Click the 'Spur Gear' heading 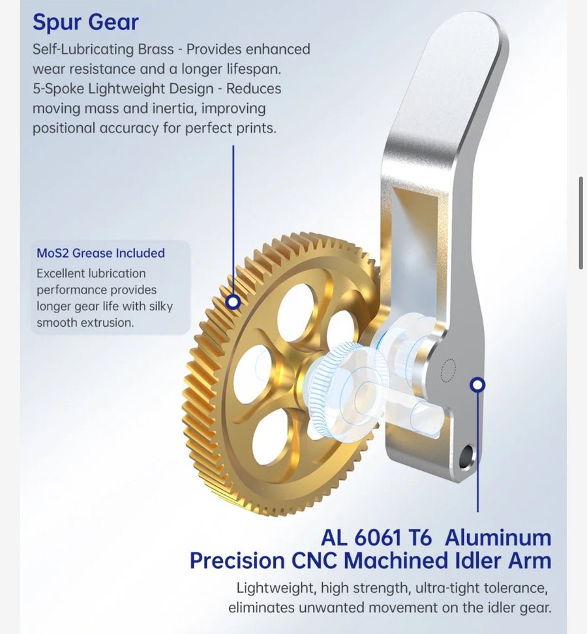[85, 22]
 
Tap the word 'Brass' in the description [156, 50]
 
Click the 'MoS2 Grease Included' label [100, 253]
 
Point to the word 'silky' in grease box [160, 306]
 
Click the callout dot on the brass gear [233, 301]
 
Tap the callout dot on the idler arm [477, 385]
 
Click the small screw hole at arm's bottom [466, 456]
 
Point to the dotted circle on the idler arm [447, 370]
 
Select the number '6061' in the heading [378, 538]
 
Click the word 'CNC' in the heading [314, 561]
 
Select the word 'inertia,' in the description [175, 109]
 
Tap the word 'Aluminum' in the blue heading [498, 538]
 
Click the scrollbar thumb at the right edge [581, 222]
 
